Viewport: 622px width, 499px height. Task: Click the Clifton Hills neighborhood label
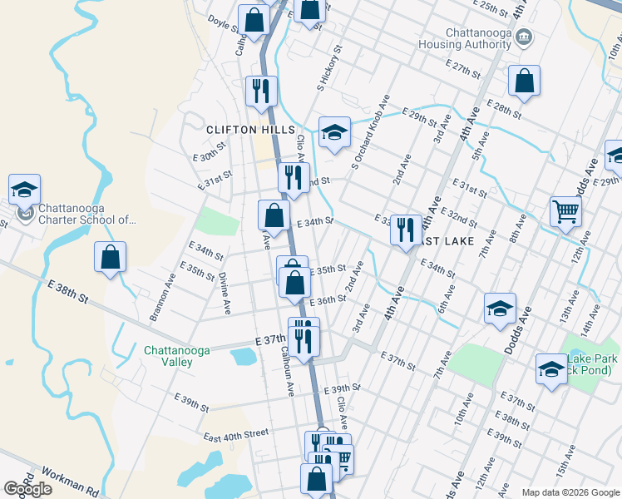click(x=250, y=130)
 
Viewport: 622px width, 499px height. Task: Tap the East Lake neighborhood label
click(x=444, y=241)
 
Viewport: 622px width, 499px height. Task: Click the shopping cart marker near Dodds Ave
click(x=565, y=211)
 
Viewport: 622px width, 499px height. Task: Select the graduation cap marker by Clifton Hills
click(x=334, y=131)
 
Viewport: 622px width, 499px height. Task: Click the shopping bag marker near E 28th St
click(x=524, y=81)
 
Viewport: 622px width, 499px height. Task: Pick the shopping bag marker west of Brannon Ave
click(x=110, y=257)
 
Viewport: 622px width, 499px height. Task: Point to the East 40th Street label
click(x=236, y=434)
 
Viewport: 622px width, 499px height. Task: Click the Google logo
click(x=27, y=488)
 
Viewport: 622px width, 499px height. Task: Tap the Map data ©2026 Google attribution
click(x=570, y=492)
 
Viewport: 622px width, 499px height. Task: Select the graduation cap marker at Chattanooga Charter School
click(x=24, y=189)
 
